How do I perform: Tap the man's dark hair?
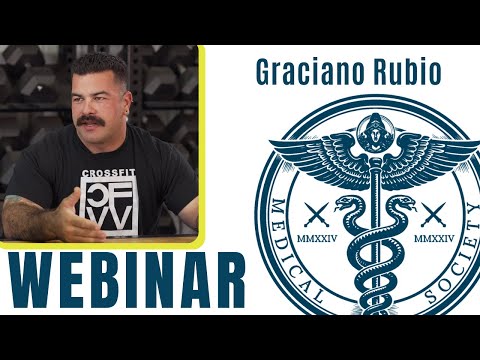point(100,70)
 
